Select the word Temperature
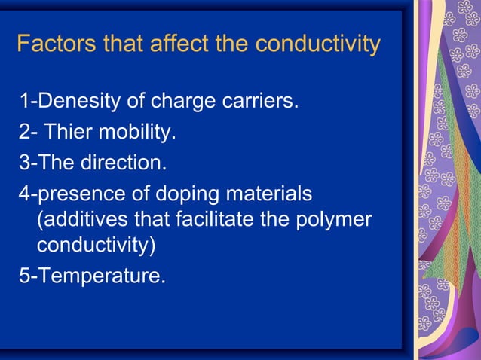101,276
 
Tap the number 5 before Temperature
25,276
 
